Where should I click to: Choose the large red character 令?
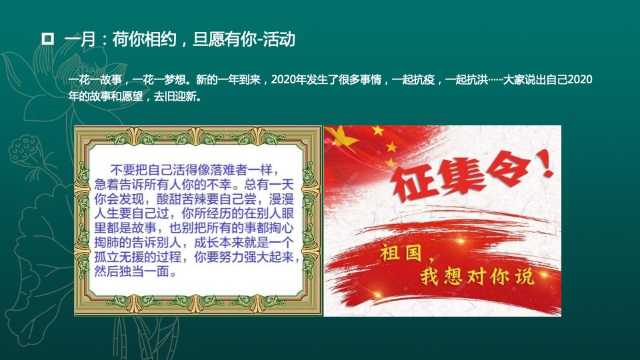click(x=515, y=167)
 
